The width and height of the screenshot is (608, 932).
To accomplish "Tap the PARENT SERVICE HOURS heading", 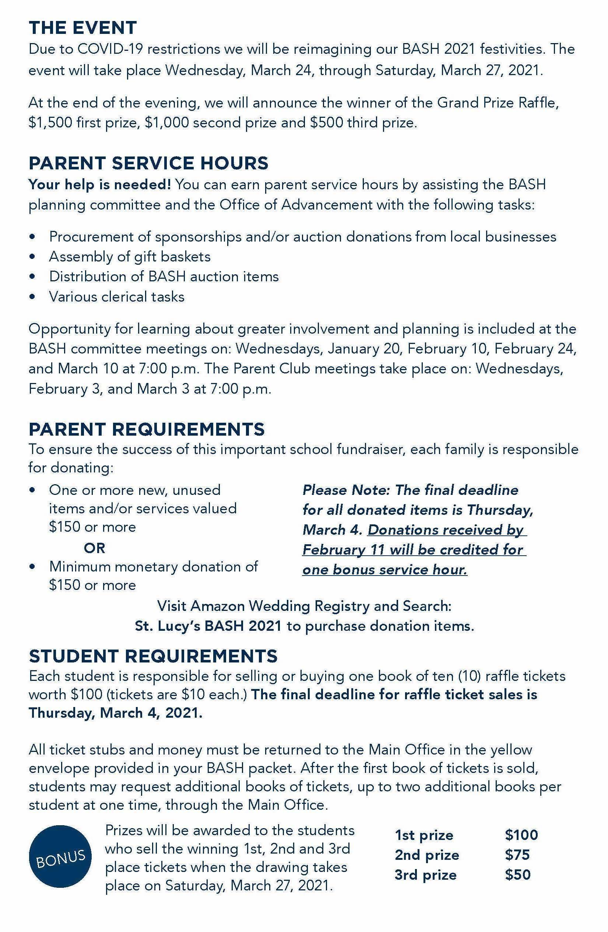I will [148, 163].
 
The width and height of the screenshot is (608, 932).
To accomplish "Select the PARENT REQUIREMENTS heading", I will [147, 429].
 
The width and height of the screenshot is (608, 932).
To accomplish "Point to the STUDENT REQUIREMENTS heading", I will [153, 656].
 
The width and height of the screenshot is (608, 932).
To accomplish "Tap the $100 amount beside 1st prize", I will [521, 835].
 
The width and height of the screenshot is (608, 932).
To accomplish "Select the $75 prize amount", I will [517, 855].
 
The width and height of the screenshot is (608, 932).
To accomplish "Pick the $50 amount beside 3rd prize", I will [517, 875].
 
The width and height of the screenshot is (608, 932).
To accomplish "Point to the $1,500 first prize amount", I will [50, 123].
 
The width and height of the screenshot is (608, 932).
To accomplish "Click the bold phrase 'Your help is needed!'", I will [99, 184].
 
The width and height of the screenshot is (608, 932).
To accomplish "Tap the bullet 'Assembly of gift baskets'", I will [130, 257].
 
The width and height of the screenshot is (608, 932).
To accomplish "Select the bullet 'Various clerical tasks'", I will [117, 296].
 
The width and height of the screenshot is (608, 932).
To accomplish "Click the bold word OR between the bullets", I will [94, 548].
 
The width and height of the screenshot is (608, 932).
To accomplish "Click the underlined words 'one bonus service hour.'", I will [384, 570].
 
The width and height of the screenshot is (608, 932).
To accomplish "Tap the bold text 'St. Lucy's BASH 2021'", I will [208, 626].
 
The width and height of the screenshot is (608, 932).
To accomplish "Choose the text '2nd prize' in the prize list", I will [427, 855].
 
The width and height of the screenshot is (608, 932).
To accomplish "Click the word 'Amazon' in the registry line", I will [218, 606].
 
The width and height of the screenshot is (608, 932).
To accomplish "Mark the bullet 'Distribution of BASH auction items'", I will [164, 277].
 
